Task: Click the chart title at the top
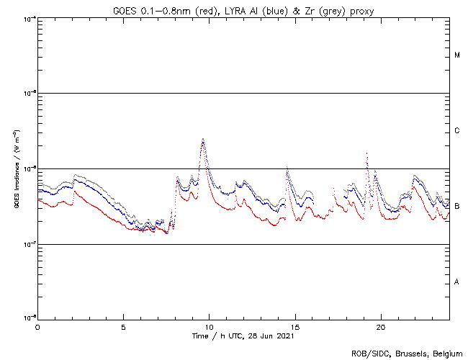243,9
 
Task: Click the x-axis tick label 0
37,326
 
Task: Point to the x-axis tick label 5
123,326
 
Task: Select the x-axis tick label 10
209,326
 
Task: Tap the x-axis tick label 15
294,326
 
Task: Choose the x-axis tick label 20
380,326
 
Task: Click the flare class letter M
457,55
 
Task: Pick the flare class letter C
457,131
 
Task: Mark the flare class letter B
457,207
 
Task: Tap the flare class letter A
457,282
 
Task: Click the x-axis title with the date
243,336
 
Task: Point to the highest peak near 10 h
203,139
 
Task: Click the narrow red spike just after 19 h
367,154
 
